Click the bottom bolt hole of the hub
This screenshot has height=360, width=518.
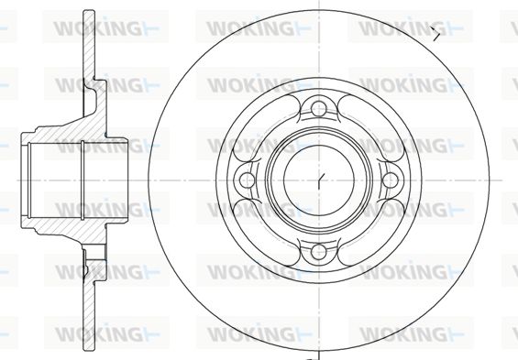[x=319, y=251]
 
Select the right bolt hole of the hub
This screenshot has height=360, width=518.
[x=391, y=180]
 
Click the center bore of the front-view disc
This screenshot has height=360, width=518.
[x=319, y=180]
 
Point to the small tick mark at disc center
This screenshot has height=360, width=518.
[x=321, y=180]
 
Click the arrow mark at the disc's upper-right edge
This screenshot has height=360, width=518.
[x=436, y=33]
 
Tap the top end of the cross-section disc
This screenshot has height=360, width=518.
[x=89, y=13]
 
